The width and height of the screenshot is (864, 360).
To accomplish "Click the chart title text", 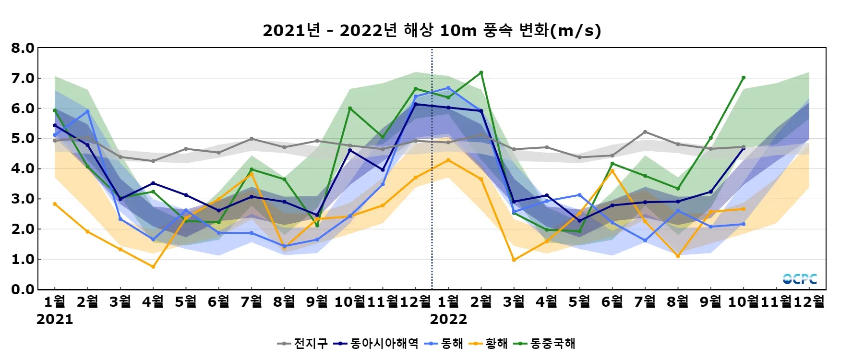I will (x=432, y=31).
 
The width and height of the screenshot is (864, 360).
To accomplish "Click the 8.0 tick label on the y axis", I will (x=23, y=48).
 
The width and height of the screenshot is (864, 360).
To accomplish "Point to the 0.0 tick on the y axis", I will (x=23, y=289).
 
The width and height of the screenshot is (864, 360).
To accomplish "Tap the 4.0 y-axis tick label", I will (x=23, y=168).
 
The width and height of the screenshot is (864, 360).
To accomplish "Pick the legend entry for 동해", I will (x=444, y=344).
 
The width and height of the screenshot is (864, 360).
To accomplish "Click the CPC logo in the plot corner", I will (x=800, y=279).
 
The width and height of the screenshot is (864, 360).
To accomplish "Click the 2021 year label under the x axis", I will (x=55, y=320).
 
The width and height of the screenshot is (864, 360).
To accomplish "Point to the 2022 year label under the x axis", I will (x=448, y=320).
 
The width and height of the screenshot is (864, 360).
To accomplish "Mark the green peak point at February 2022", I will (x=481, y=73).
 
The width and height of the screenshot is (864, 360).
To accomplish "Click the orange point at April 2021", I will (x=153, y=267).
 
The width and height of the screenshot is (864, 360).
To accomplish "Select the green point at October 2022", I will (x=744, y=78).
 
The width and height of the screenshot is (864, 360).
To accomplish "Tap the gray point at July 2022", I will (x=645, y=132).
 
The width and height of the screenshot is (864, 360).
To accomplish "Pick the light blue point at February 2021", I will (x=87, y=111).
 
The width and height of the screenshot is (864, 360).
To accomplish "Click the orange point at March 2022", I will (x=514, y=260).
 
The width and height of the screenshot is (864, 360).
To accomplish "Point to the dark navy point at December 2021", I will (x=416, y=104).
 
